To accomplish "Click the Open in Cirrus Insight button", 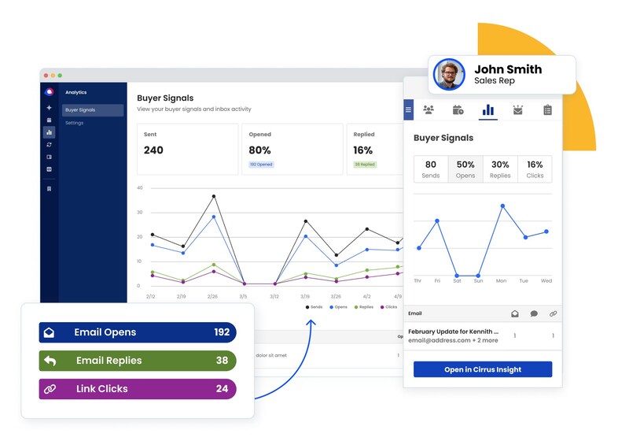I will click(x=483, y=369).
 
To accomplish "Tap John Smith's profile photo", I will click(x=449, y=75).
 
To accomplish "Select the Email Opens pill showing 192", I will click(x=138, y=332).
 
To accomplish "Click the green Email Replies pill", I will click(x=138, y=361).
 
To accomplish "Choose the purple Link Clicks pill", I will click(x=138, y=389).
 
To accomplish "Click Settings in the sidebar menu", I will click(x=75, y=123).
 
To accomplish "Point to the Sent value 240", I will click(x=154, y=150).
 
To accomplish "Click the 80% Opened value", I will click(x=260, y=150).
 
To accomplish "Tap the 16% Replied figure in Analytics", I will click(x=363, y=150).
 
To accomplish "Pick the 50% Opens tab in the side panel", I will click(x=465, y=169).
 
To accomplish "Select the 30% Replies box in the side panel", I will click(x=500, y=169).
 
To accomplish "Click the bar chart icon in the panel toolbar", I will click(x=487, y=110).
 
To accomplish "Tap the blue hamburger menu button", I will click(x=408, y=110).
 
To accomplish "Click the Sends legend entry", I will click(x=314, y=306).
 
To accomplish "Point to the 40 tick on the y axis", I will click(x=140, y=188).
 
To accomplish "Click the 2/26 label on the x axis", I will click(x=212, y=297).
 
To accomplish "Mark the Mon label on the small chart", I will click(x=502, y=281).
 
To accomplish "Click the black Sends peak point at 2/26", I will click(x=213, y=197).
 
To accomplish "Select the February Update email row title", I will click(x=453, y=332).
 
